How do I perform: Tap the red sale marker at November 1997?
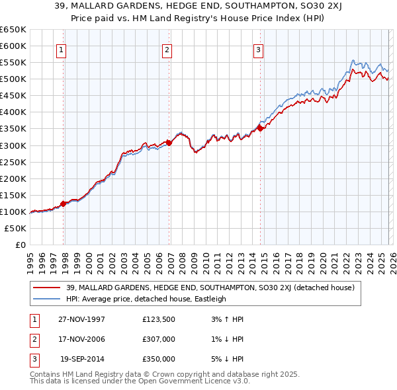tap(64, 204)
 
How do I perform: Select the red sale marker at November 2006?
tap(169, 142)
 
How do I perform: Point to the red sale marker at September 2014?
tap(261, 128)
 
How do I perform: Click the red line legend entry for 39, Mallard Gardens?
tap(210, 288)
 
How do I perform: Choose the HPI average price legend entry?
tap(146, 299)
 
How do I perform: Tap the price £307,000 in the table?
tap(159, 340)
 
